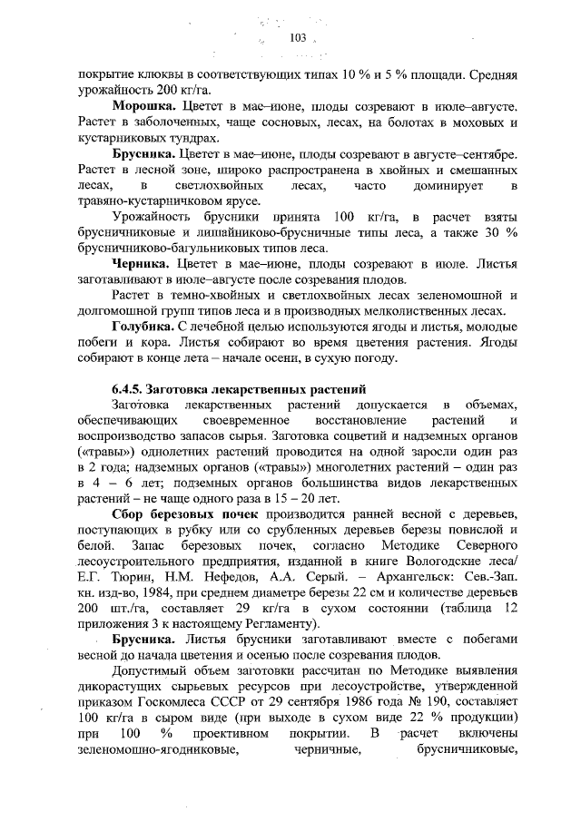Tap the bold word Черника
point(141,264)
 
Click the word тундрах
point(192,139)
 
